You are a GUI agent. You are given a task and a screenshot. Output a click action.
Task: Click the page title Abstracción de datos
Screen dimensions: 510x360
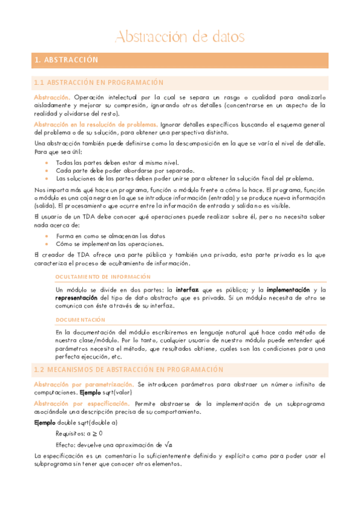coord(180,37)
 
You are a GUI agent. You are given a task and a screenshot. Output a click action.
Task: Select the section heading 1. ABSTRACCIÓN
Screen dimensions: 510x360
coord(66,60)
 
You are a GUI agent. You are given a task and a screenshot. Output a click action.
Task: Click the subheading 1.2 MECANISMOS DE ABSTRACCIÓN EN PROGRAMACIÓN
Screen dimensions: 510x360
coord(129,369)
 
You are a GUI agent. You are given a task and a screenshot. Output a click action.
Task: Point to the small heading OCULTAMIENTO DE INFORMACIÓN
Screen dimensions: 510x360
coord(103,277)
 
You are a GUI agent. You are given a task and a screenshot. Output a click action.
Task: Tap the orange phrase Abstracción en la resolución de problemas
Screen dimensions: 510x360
coord(96,124)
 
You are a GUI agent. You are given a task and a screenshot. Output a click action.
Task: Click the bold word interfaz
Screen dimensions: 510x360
coord(188,289)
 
